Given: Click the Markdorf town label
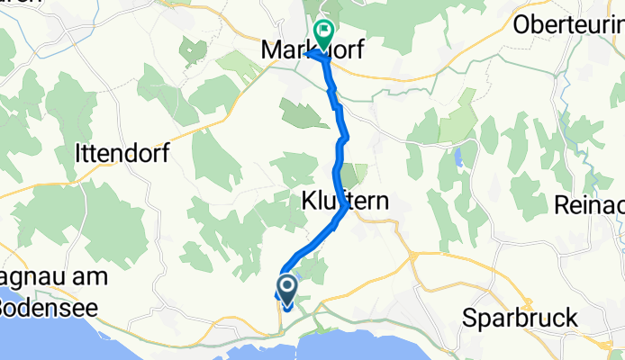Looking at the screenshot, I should (x=311, y=50).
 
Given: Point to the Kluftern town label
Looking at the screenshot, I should (x=344, y=202).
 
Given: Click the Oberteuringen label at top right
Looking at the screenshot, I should (x=567, y=24).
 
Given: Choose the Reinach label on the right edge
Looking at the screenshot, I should (x=596, y=204).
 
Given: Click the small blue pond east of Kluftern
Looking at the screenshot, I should (x=460, y=158).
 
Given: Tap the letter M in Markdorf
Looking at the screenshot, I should (x=270, y=51).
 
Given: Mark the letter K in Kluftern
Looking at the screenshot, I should (x=306, y=202).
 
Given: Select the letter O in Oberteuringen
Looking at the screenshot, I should (x=520, y=24).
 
